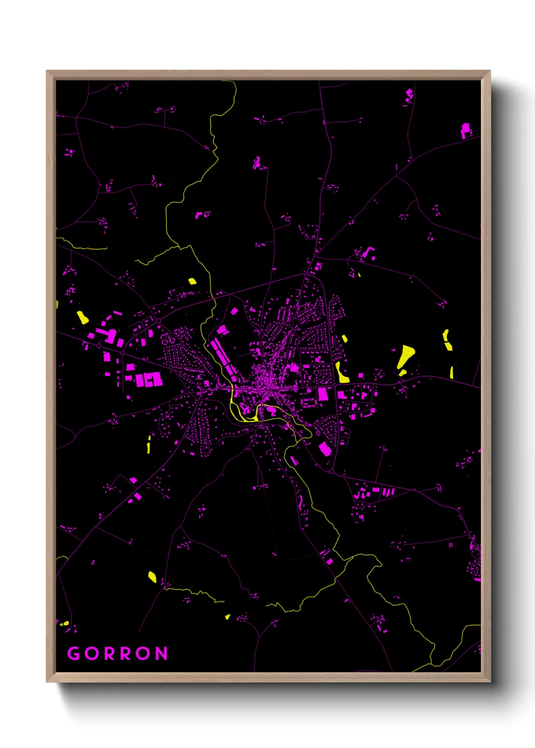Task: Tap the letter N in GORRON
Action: pos(161,653)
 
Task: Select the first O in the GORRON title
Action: pos(93,653)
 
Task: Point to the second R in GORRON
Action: pos(126,653)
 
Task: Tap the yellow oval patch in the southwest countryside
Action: pos(152,576)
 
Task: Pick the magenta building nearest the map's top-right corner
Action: pos(465,130)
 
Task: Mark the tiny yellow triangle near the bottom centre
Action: pos(228,617)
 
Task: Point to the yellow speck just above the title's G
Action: pos(64,624)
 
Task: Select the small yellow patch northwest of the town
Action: pos(192,281)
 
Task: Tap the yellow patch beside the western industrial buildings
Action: pos(82,317)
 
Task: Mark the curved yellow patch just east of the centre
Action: pos(341,372)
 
